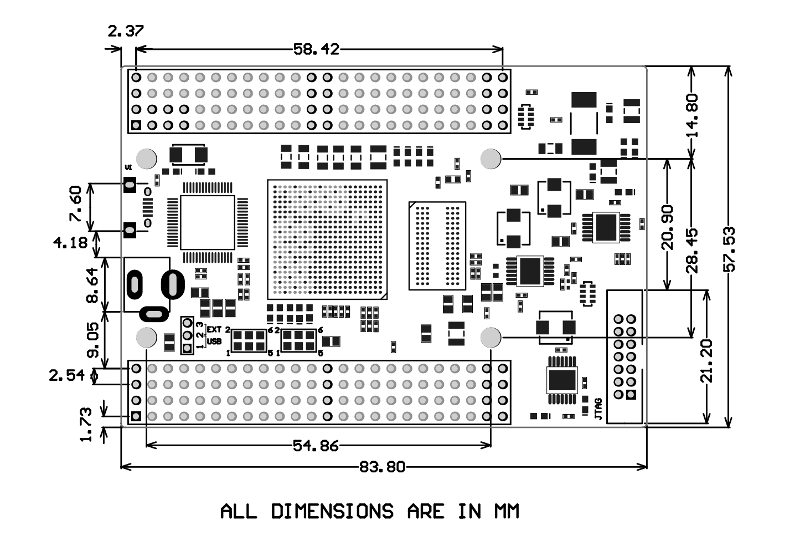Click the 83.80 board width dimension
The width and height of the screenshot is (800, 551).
click(x=382, y=467)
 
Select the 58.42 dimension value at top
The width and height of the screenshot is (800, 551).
click(x=316, y=49)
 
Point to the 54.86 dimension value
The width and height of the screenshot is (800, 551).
click(x=315, y=445)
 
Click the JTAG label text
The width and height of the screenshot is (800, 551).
click(x=598, y=409)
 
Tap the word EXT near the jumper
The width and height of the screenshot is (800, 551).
click(x=214, y=330)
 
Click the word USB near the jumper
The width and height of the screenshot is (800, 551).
click(x=214, y=341)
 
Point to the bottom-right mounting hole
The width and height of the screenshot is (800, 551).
click(x=491, y=336)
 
